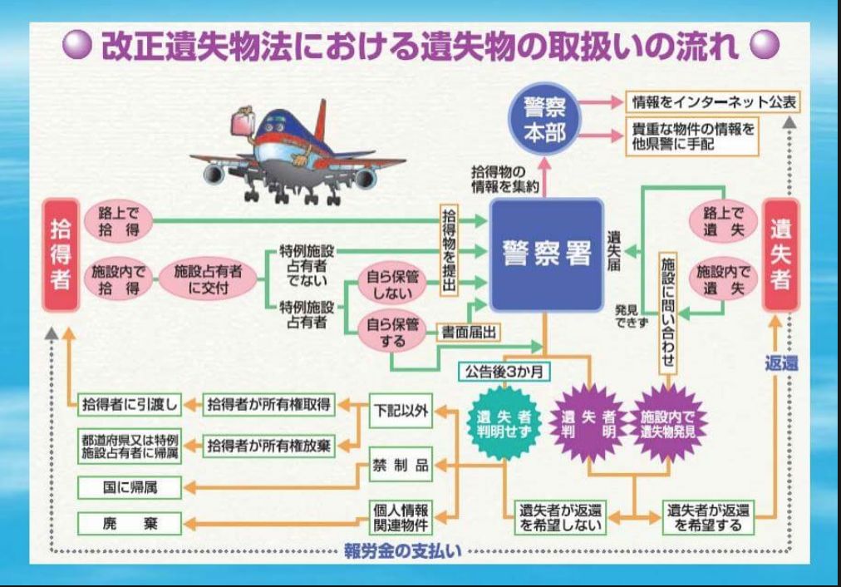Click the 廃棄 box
point(129,524)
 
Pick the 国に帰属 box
point(129,488)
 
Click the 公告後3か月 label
point(502,372)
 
